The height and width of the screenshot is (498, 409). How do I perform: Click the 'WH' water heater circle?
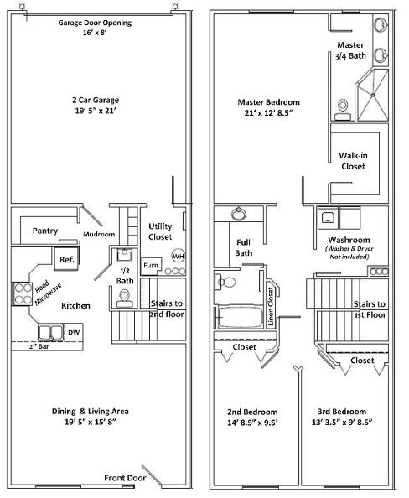point(179,256)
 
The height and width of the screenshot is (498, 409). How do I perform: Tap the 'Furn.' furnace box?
point(152,265)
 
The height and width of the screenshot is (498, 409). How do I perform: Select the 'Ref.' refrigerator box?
point(66,259)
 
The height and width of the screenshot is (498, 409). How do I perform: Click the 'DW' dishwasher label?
point(74,332)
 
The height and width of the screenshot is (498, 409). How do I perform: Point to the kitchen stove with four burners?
point(22,293)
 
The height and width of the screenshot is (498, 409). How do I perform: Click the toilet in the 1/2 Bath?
point(125,298)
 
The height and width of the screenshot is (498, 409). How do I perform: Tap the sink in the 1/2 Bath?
point(124,255)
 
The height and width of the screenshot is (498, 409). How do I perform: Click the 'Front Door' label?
point(125,478)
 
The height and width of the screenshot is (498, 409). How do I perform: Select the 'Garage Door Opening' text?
point(95,23)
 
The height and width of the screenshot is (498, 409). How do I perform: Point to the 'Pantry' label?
point(45,231)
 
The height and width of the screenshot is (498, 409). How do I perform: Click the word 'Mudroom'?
point(99,234)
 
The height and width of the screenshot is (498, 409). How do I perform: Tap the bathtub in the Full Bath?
point(241,317)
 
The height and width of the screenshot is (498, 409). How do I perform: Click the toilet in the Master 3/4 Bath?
point(342,109)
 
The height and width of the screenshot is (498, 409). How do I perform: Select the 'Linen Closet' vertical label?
point(271,306)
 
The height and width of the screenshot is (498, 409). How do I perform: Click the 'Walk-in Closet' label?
point(353,161)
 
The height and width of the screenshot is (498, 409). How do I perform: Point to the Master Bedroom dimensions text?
point(268,112)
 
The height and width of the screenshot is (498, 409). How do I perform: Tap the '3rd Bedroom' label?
point(342,412)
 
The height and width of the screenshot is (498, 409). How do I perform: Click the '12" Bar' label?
point(38,346)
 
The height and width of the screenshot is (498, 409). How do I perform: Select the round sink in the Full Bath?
point(239,214)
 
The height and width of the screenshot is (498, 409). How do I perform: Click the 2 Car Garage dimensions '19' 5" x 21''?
point(96,111)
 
